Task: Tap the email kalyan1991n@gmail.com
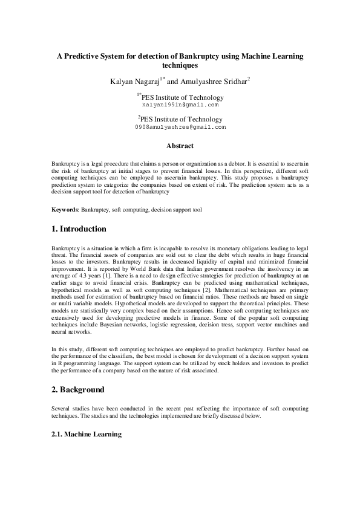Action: [180, 105]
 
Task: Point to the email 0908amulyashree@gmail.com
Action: [180, 128]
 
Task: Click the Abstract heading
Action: [180, 146]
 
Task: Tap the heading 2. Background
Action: [78, 389]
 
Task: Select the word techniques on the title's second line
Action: [180, 64]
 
